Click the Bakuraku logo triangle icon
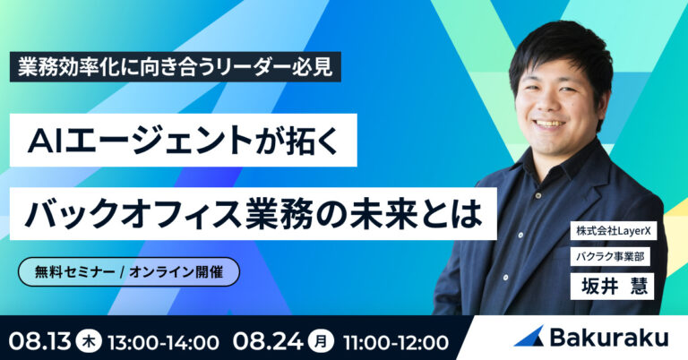tap(530, 337)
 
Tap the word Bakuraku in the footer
tap(609, 338)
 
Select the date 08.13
tap(40, 341)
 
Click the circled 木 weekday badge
tap(89, 341)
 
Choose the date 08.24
tap(268, 341)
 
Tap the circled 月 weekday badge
tap(322, 341)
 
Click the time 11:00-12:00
tap(396, 342)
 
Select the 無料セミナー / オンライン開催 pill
tap(129, 272)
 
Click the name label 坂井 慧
tap(612, 287)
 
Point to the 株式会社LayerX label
tap(614, 231)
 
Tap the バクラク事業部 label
tap(610, 256)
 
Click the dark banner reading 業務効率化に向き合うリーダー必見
tap(175, 67)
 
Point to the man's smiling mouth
tap(549, 123)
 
